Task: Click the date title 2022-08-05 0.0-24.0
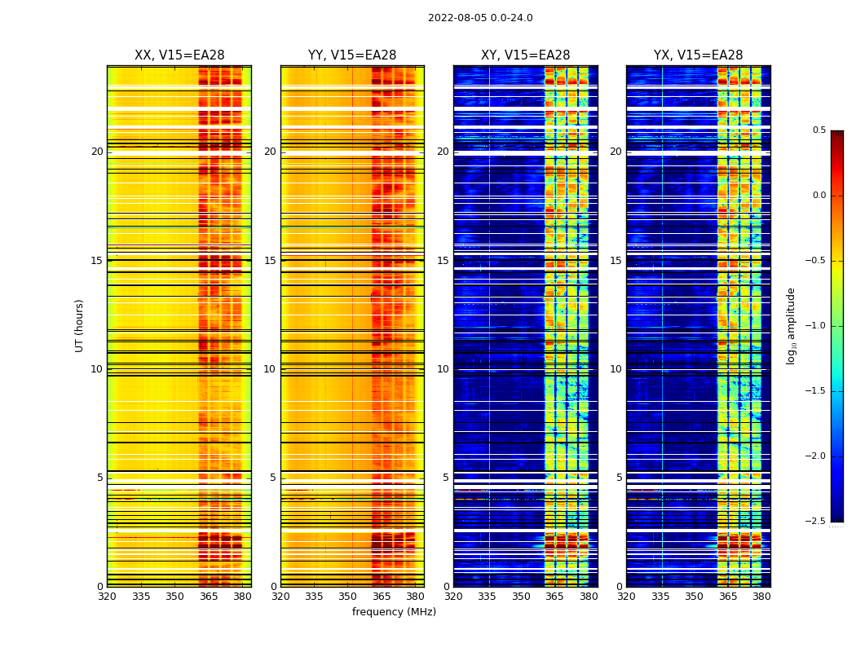(x=480, y=18)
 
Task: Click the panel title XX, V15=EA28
(x=179, y=55)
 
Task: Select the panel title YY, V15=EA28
(x=352, y=55)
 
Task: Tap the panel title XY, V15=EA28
(x=525, y=55)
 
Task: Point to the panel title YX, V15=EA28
(x=698, y=55)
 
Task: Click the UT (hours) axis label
(x=80, y=325)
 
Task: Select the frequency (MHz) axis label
(x=394, y=612)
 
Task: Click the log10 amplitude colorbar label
(x=791, y=325)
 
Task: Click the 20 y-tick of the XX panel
(x=97, y=152)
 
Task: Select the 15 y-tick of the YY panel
(x=270, y=261)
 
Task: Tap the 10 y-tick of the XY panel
(x=443, y=369)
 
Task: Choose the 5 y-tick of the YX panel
(x=619, y=478)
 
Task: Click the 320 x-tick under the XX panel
(x=107, y=597)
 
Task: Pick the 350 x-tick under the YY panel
(x=348, y=597)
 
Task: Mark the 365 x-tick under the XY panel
(x=554, y=597)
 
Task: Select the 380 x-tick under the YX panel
(x=761, y=597)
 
